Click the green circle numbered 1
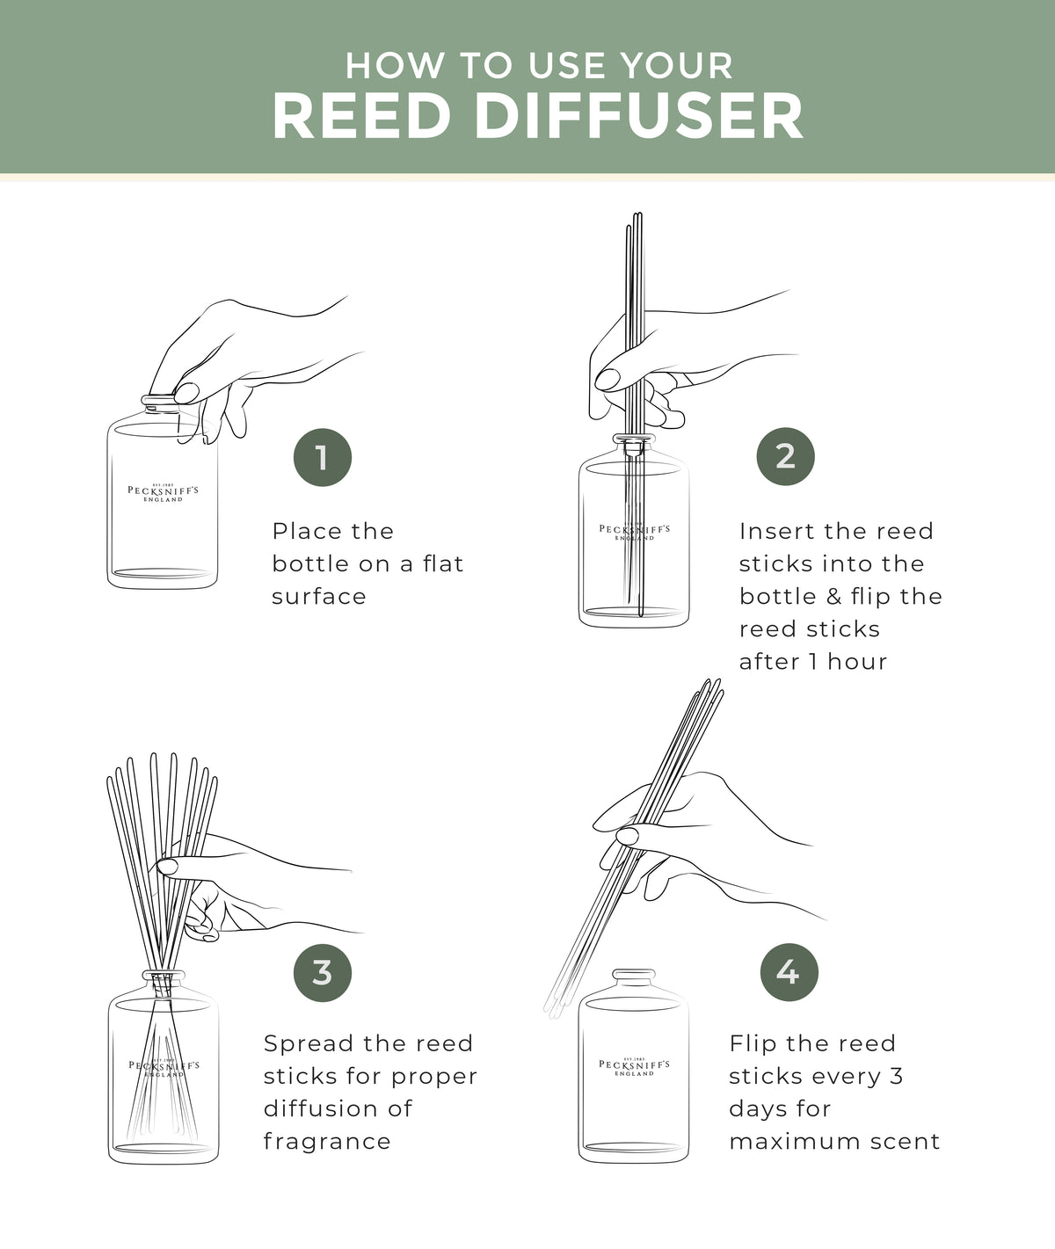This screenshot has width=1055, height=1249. point(323,458)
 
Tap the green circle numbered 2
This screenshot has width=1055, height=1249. point(786,456)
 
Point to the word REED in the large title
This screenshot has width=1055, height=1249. point(362,116)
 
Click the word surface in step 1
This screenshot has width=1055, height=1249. point(319,597)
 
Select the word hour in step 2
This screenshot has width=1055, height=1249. point(857,662)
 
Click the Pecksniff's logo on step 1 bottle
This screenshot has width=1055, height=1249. point(163,493)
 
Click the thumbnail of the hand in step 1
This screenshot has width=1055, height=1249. point(186,393)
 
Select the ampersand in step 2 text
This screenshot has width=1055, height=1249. point(834,597)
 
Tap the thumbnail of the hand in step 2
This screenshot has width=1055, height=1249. point(608,379)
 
